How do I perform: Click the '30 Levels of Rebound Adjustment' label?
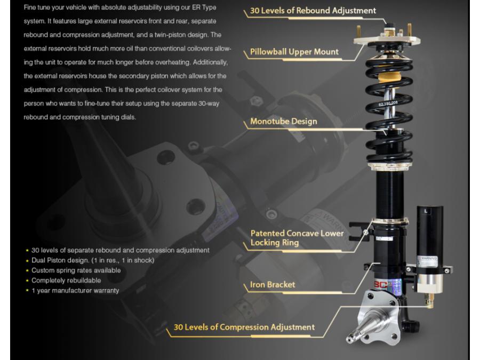[313, 11]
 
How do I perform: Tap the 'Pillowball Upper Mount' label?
[294, 52]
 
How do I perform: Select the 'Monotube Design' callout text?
[284, 121]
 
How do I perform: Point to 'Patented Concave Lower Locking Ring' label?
[297, 238]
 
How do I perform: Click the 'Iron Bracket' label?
[273, 285]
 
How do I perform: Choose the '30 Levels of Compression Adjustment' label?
[244, 327]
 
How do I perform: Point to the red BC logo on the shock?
[380, 285]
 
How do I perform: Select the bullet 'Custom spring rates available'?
[76, 270]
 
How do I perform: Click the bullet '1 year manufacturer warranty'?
[75, 291]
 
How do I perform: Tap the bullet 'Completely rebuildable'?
[66, 281]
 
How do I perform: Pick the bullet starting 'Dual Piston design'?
[93, 260]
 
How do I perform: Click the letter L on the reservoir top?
[426, 211]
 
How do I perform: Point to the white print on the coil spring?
[388, 103]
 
